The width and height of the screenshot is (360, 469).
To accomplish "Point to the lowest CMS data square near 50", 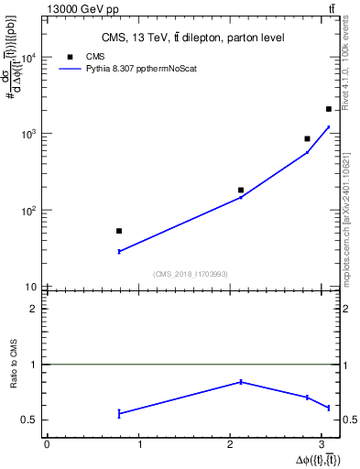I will pos(119,231).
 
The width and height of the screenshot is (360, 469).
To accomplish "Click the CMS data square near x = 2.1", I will pos(241,191).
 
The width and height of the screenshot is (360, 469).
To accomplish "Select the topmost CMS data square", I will pos(329,109).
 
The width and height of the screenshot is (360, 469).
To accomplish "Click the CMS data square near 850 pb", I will pos(308,139).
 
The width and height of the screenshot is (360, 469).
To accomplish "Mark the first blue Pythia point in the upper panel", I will pos(119,251).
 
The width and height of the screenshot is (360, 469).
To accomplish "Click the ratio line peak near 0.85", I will pos(241,381).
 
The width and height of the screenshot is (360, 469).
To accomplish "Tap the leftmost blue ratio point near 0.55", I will pos(119,414).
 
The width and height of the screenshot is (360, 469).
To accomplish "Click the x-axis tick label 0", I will pos(47,446).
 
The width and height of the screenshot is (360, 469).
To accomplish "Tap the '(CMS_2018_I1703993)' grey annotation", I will pos(191,274).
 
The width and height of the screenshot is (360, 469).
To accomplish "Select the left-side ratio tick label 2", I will pos(34,309).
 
